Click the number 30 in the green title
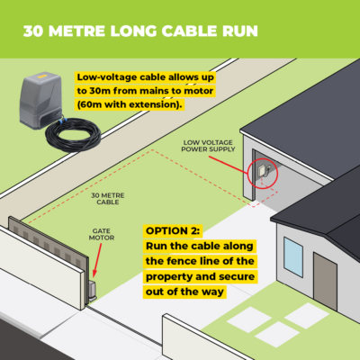tap(34, 31)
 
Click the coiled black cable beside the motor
tap(73, 136)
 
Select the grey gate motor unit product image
tap(41, 100)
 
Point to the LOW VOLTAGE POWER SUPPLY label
tap(208, 146)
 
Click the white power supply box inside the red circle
tap(260, 171)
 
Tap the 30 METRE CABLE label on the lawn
tap(108, 199)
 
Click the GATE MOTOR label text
tap(102, 234)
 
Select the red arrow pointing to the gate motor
tap(97, 260)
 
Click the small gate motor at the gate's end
tap(92, 291)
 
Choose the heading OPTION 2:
tap(173, 231)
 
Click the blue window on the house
tap(293, 256)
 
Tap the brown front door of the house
tap(325, 281)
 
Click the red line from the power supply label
tap(229, 166)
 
